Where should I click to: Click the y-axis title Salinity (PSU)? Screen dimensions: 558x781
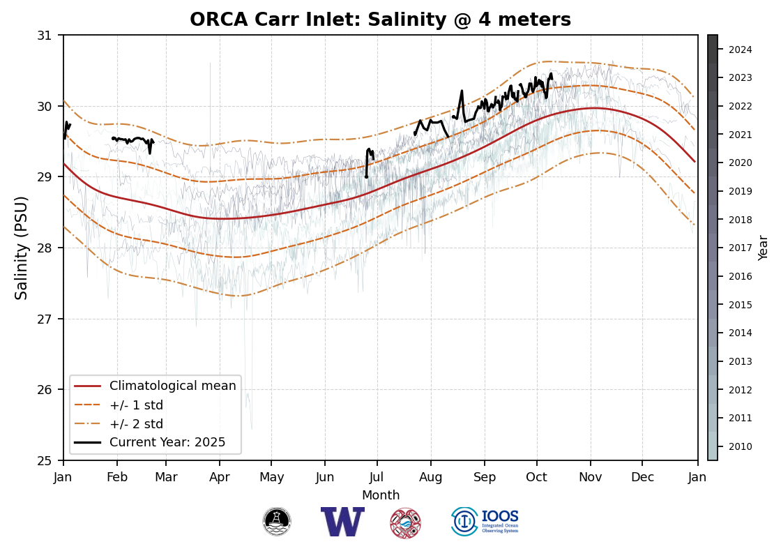(22, 248)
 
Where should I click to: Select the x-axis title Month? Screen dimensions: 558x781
(381, 495)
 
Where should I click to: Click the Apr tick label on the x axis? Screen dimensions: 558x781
(219, 477)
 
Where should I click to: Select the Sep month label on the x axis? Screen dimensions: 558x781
(484, 477)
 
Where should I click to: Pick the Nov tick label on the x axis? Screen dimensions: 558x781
(590, 477)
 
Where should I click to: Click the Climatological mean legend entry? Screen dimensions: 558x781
(172, 386)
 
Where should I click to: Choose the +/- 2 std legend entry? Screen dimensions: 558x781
(136, 423)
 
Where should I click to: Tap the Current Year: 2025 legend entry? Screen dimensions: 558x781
(167, 442)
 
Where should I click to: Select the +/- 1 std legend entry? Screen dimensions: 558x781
(136, 405)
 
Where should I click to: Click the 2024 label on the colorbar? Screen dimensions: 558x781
(740, 50)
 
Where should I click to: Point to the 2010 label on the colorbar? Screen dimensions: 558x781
(740, 446)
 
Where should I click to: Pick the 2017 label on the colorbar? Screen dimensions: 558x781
(740, 248)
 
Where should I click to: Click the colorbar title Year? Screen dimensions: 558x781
(764, 248)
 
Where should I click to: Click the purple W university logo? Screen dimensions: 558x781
(342, 522)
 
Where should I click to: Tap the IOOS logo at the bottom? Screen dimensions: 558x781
(485, 522)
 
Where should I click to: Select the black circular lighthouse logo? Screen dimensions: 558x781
(277, 522)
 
